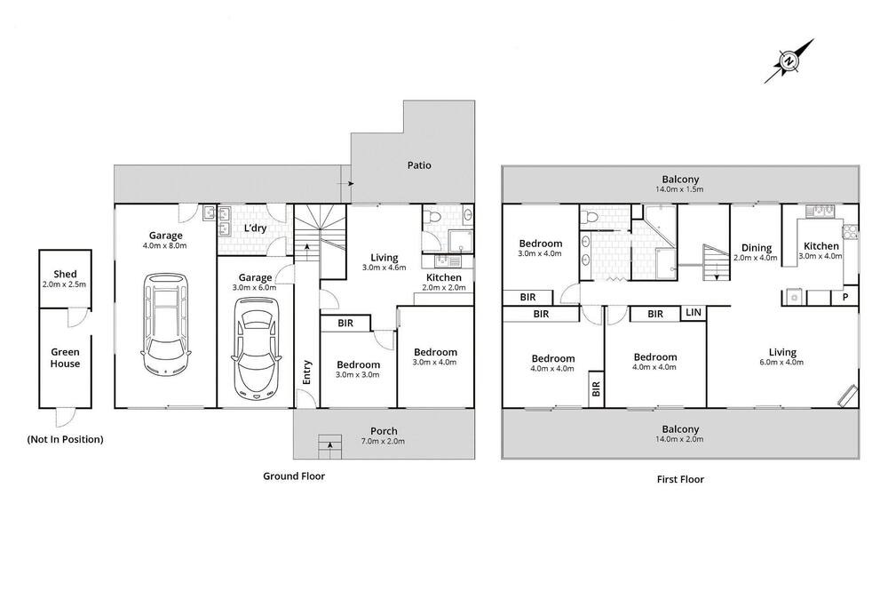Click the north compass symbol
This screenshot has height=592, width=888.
[789, 61]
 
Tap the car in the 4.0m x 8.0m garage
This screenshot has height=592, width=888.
[165, 323]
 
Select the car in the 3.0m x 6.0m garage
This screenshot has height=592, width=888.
[255, 348]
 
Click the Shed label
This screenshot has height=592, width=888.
[65, 274]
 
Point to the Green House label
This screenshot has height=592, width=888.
[65, 358]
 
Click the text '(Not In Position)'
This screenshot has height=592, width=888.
[65, 439]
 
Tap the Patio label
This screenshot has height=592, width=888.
[419, 165]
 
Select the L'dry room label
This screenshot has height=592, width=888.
[255, 228]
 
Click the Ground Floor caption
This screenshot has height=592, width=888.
[294, 476]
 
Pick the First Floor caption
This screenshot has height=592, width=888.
[680, 479]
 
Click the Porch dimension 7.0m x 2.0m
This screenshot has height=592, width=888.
[384, 441]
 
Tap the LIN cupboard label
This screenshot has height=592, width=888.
[694, 313]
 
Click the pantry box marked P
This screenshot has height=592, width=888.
[845, 297]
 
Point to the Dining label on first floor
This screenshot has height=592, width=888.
[757, 248]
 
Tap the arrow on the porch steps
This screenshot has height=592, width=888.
[329, 446]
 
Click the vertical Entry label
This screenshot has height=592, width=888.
[307, 372]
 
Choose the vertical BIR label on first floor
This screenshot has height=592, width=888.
[596, 388]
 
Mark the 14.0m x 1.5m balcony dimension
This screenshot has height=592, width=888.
[679, 189]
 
